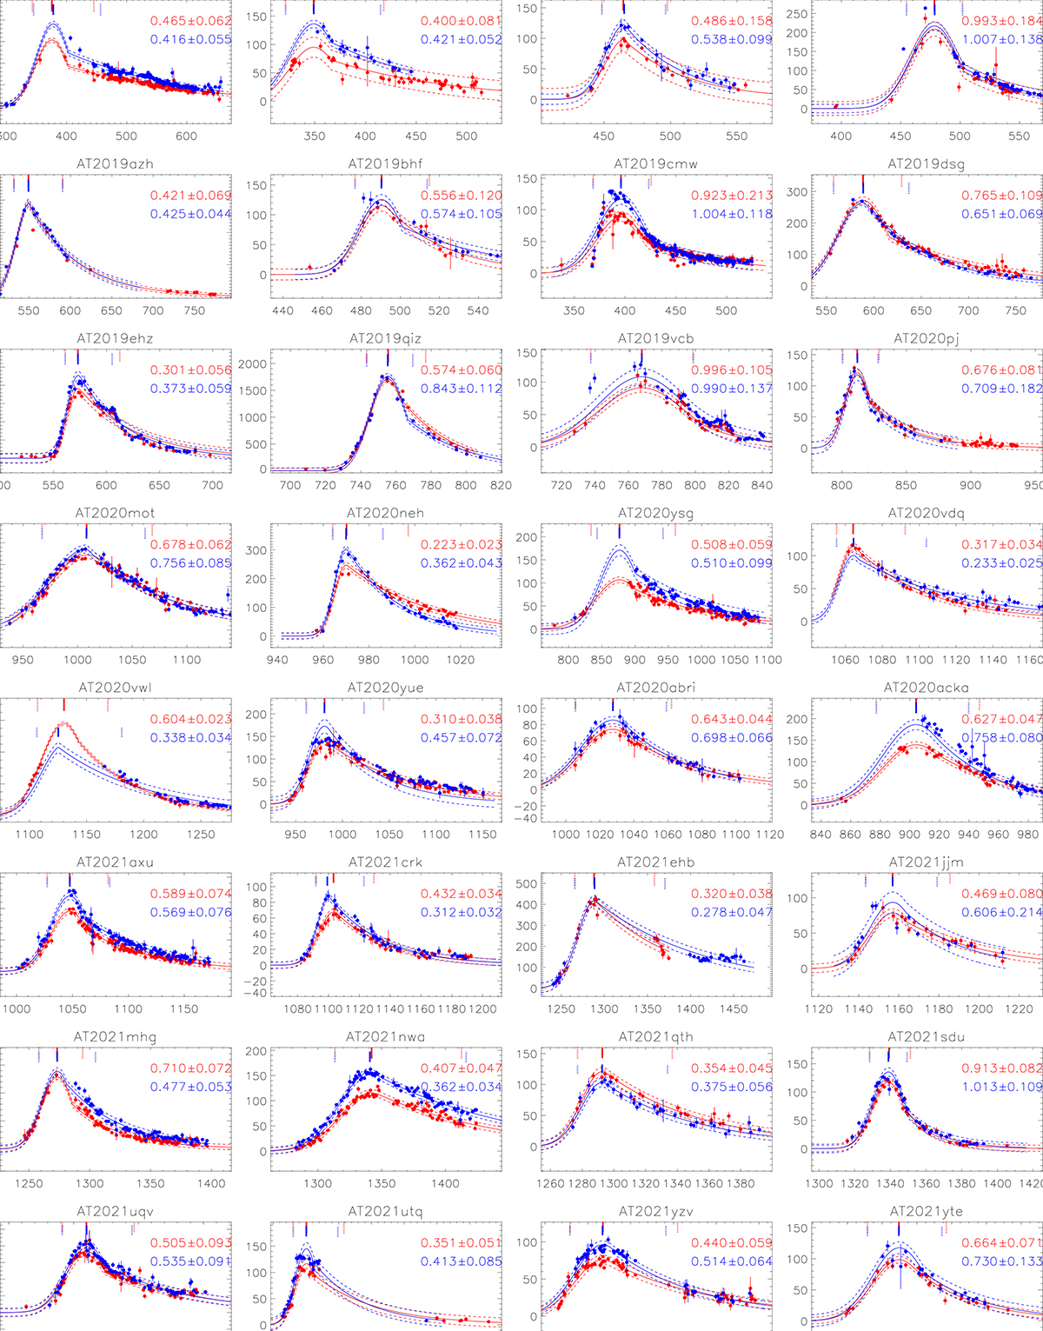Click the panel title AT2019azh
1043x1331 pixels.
[x=116, y=163]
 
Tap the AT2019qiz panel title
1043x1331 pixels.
[x=385, y=338]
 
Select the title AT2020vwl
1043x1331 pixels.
[x=116, y=688]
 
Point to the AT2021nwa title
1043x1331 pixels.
[x=385, y=1037]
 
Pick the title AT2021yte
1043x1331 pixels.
[x=926, y=1211]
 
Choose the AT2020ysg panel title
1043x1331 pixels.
[x=655, y=513]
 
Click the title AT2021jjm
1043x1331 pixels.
[x=926, y=862]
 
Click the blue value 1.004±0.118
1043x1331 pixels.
[x=732, y=214]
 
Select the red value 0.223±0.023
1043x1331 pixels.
[x=462, y=545]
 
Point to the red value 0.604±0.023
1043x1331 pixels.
[x=190, y=720]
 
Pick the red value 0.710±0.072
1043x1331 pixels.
[x=190, y=1068]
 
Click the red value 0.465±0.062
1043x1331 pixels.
[x=190, y=21]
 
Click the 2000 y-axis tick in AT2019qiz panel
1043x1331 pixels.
[x=250, y=364]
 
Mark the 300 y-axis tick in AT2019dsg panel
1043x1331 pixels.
[x=797, y=192]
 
